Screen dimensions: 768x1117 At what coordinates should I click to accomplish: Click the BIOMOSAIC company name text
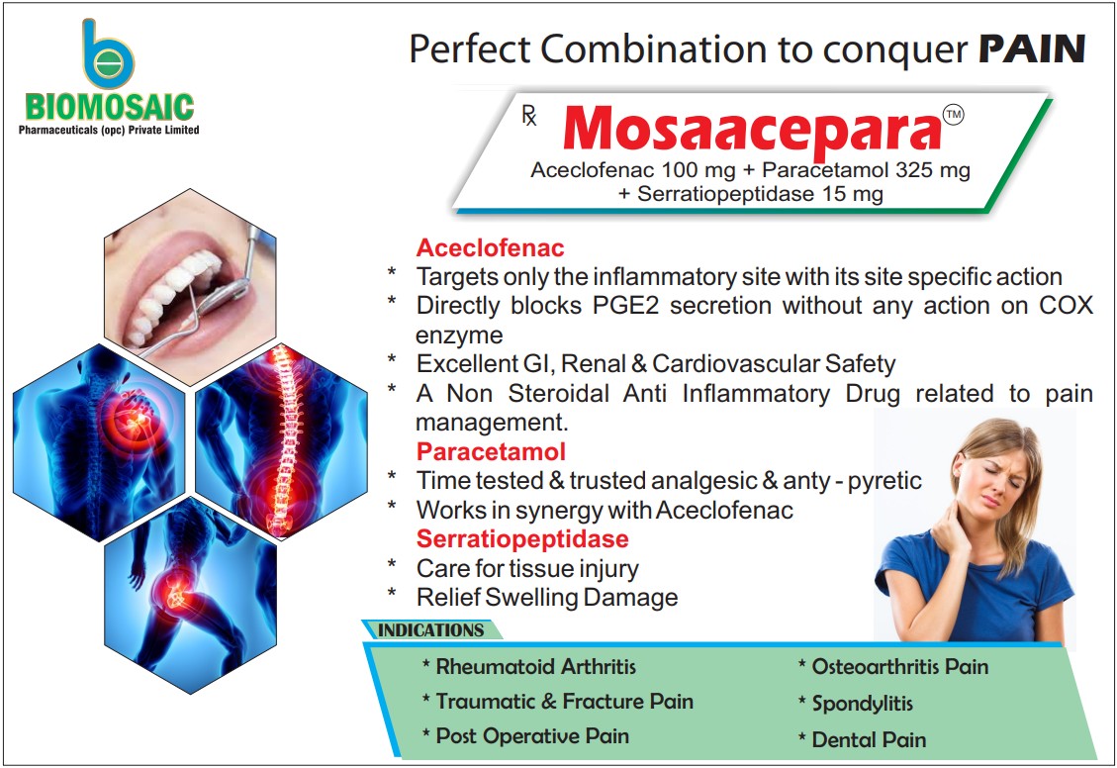click(110, 107)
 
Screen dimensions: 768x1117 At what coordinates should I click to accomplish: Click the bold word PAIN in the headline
click(1032, 48)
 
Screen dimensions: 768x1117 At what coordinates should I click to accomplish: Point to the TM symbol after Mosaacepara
click(953, 116)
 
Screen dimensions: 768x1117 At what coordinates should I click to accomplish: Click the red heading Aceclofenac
click(490, 247)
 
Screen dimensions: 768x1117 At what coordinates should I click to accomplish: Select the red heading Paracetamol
click(491, 452)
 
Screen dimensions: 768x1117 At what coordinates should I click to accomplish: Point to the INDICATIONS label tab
click(431, 630)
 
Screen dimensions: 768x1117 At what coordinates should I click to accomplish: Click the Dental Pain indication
click(868, 739)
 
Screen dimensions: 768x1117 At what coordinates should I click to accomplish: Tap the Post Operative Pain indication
click(531, 736)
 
